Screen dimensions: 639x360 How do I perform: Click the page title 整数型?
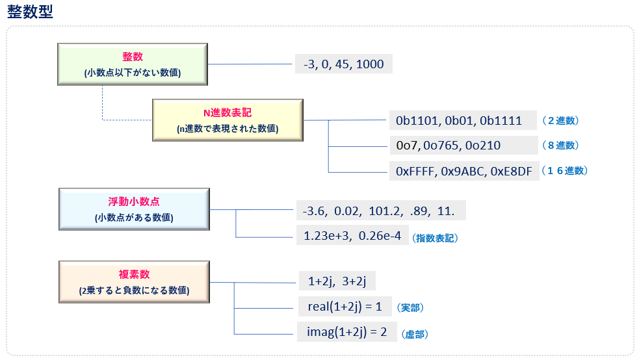pyautogui.click(x=30, y=12)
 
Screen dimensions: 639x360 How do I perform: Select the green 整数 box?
pyautogui.click(x=133, y=64)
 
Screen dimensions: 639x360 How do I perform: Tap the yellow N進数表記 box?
pyautogui.click(x=228, y=120)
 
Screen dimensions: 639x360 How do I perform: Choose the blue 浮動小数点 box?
pyautogui.click(x=134, y=209)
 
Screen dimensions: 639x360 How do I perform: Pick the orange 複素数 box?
pyautogui.click(x=134, y=282)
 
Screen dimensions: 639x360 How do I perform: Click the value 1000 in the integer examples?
pyautogui.click(x=370, y=64)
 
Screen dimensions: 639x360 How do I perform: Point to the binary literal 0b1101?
pyautogui.click(x=417, y=121)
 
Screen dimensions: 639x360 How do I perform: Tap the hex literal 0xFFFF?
pyautogui.click(x=415, y=172)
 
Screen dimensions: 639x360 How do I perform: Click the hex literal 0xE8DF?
pyautogui.click(x=511, y=172)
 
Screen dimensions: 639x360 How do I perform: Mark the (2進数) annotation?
pyautogui.click(x=560, y=121)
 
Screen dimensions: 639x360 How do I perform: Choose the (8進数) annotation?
pyautogui.click(x=560, y=146)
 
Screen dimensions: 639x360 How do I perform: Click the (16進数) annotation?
pyautogui.click(x=564, y=171)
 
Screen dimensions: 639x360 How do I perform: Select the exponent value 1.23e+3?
pyautogui.click(x=327, y=235)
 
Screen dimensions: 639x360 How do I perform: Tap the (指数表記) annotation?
pyautogui.click(x=436, y=238)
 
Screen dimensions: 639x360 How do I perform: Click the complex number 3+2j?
pyautogui.click(x=354, y=281)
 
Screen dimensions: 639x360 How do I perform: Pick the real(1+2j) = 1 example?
pyautogui.click(x=345, y=307)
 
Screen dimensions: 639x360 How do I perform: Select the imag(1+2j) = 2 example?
pyautogui.click(x=347, y=332)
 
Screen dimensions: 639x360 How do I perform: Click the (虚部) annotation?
pyautogui.click(x=415, y=335)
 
